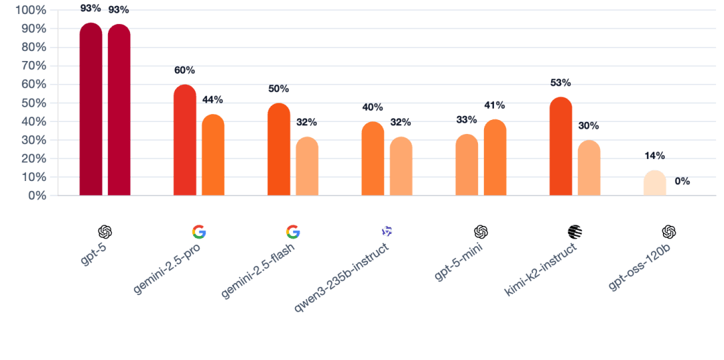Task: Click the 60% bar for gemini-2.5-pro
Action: pyautogui.click(x=184, y=141)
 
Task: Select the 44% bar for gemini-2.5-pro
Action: pyautogui.click(x=213, y=156)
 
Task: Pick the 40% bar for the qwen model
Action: pyautogui.click(x=373, y=160)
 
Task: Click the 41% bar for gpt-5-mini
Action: pyautogui.click(x=495, y=158)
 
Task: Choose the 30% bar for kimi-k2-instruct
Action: pyautogui.click(x=589, y=168)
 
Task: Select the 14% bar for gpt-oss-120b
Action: pyautogui.click(x=654, y=183)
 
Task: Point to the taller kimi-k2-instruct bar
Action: pyautogui.click(x=560, y=147)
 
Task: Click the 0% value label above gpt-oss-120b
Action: pyautogui.click(x=682, y=181)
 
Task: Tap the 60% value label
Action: pyautogui.click(x=184, y=70)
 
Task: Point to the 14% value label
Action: pyautogui.click(x=654, y=156)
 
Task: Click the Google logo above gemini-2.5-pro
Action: pyautogui.click(x=198, y=232)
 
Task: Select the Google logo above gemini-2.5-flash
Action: pyautogui.click(x=292, y=232)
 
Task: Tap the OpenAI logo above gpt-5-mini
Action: pyautogui.click(x=480, y=232)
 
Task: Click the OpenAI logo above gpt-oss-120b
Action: pyautogui.click(x=668, y=232)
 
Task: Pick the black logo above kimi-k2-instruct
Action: pyautogui.click(x=575, y=232)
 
